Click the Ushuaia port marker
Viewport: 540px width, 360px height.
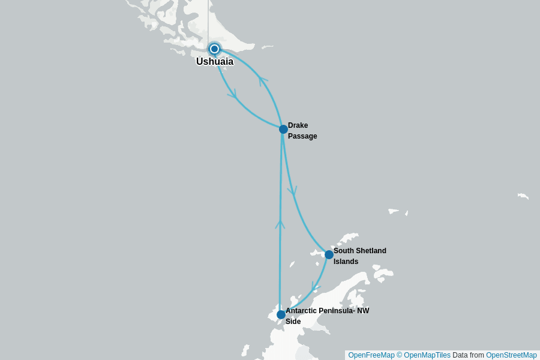[214, 49]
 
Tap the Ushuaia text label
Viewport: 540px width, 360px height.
[215, 61]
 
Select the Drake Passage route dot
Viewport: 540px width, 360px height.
[283, 129]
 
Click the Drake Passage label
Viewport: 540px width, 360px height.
[302, 131]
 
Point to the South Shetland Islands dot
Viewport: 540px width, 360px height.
[329, 254]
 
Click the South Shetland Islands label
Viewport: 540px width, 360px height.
[359, 256]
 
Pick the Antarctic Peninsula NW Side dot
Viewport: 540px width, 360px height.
[281, 314]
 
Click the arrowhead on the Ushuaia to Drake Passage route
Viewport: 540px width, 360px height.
[233, 94]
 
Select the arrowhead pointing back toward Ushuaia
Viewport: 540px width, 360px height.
[262, 80]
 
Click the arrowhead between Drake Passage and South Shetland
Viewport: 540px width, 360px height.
[292, 192]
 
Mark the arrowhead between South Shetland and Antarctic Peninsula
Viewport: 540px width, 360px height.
[314, 287]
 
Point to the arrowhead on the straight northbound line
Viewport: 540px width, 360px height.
[280, 224]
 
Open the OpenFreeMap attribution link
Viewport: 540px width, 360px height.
[371, 355]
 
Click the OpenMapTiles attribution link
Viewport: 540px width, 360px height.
[427, 355]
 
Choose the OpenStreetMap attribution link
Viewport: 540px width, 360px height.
[511, 355]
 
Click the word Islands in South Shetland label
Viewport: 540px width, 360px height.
[346, 262]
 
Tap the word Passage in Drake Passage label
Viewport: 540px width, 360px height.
[302, 136]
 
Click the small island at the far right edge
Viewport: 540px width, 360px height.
[523, 196]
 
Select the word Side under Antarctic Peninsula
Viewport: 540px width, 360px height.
[293, 322]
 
